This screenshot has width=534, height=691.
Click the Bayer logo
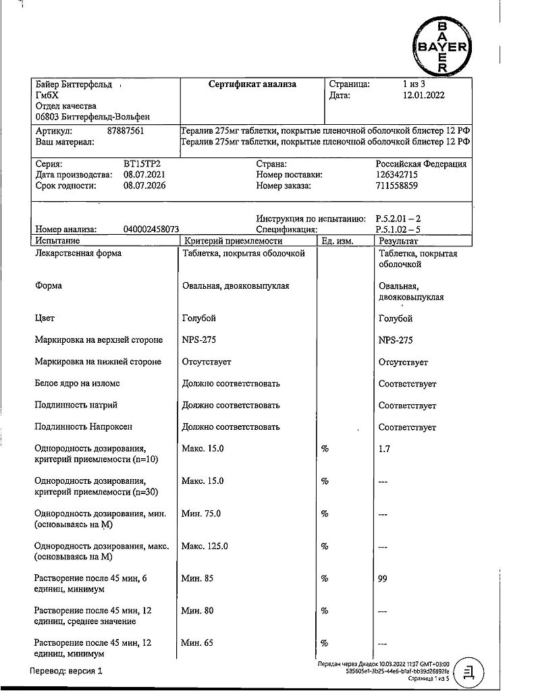[x=442, y=47]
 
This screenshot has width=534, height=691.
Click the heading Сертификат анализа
[x=252, y=85]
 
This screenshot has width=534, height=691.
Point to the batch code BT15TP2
[x=142, y=164]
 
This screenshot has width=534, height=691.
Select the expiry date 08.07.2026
[x=144, y=186]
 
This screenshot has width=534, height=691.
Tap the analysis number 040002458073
[x=151, y=229]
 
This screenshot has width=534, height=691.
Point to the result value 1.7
[x=385, y=448]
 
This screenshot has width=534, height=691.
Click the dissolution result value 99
[x=384, y=578]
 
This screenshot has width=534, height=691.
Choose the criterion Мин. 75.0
[x=201, y=514]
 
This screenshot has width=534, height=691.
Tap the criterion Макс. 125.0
[x=205, y=546]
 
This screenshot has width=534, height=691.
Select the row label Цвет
[x=45, y=319]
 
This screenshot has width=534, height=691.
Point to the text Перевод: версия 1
[x=67, y=671]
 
